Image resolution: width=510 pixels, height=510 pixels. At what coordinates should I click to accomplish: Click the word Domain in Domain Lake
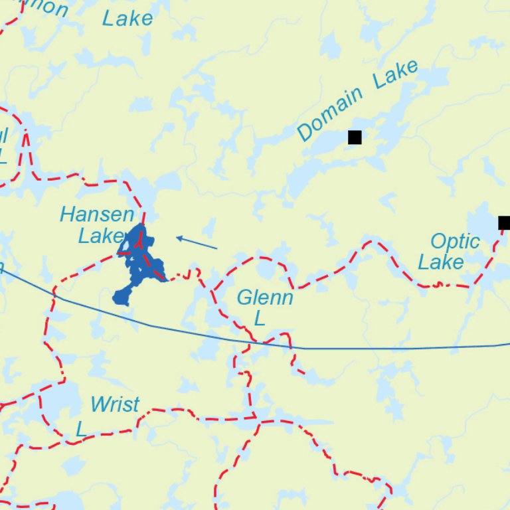330,114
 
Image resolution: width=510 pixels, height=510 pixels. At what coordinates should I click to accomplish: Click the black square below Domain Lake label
355,137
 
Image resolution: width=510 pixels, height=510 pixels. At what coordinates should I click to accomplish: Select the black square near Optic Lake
504,222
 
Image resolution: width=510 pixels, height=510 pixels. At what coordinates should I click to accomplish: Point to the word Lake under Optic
440,262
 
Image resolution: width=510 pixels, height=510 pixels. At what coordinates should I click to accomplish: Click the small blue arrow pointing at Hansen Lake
197,243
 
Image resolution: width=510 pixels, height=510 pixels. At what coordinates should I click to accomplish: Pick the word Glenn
264,297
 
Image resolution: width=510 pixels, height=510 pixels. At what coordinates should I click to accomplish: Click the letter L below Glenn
260,319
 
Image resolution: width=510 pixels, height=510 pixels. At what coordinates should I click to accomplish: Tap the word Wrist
115,404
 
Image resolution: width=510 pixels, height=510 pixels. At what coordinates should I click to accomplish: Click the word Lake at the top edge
127,19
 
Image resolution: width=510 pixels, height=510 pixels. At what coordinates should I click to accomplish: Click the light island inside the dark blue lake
124,247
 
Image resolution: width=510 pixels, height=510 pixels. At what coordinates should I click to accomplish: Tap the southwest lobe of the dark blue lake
122,296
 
